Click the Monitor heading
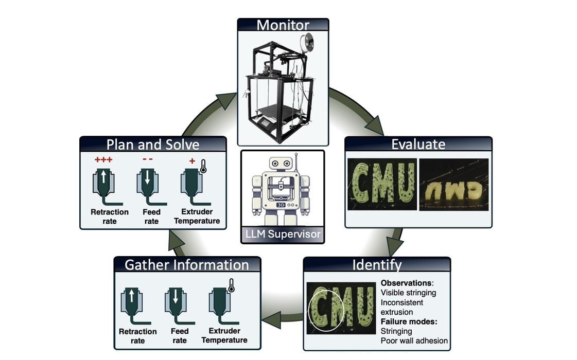pyautogui.click(x=283, y=25)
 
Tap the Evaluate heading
pyautogui.click(x=418, y=143)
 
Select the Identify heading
pyautogui.click(x=377, y=265)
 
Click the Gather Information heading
pyautogui.click(x=187, y=265)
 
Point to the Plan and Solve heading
pyautogui.click(x=153, y=144)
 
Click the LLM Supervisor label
pyautogui.click(x=283, y=235)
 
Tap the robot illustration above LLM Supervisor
pyautogui.click(x=283, y=188)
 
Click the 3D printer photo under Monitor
pyautogui.click(x=283, y=87)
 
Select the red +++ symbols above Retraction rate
pyautogui.click(x=103, y=159)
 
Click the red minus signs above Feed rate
pyautogui.click(x=148, y=159)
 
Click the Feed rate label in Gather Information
pyautogui.click(x=180, y=335)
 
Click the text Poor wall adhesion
pyautogui.click(x=414, y=340)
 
